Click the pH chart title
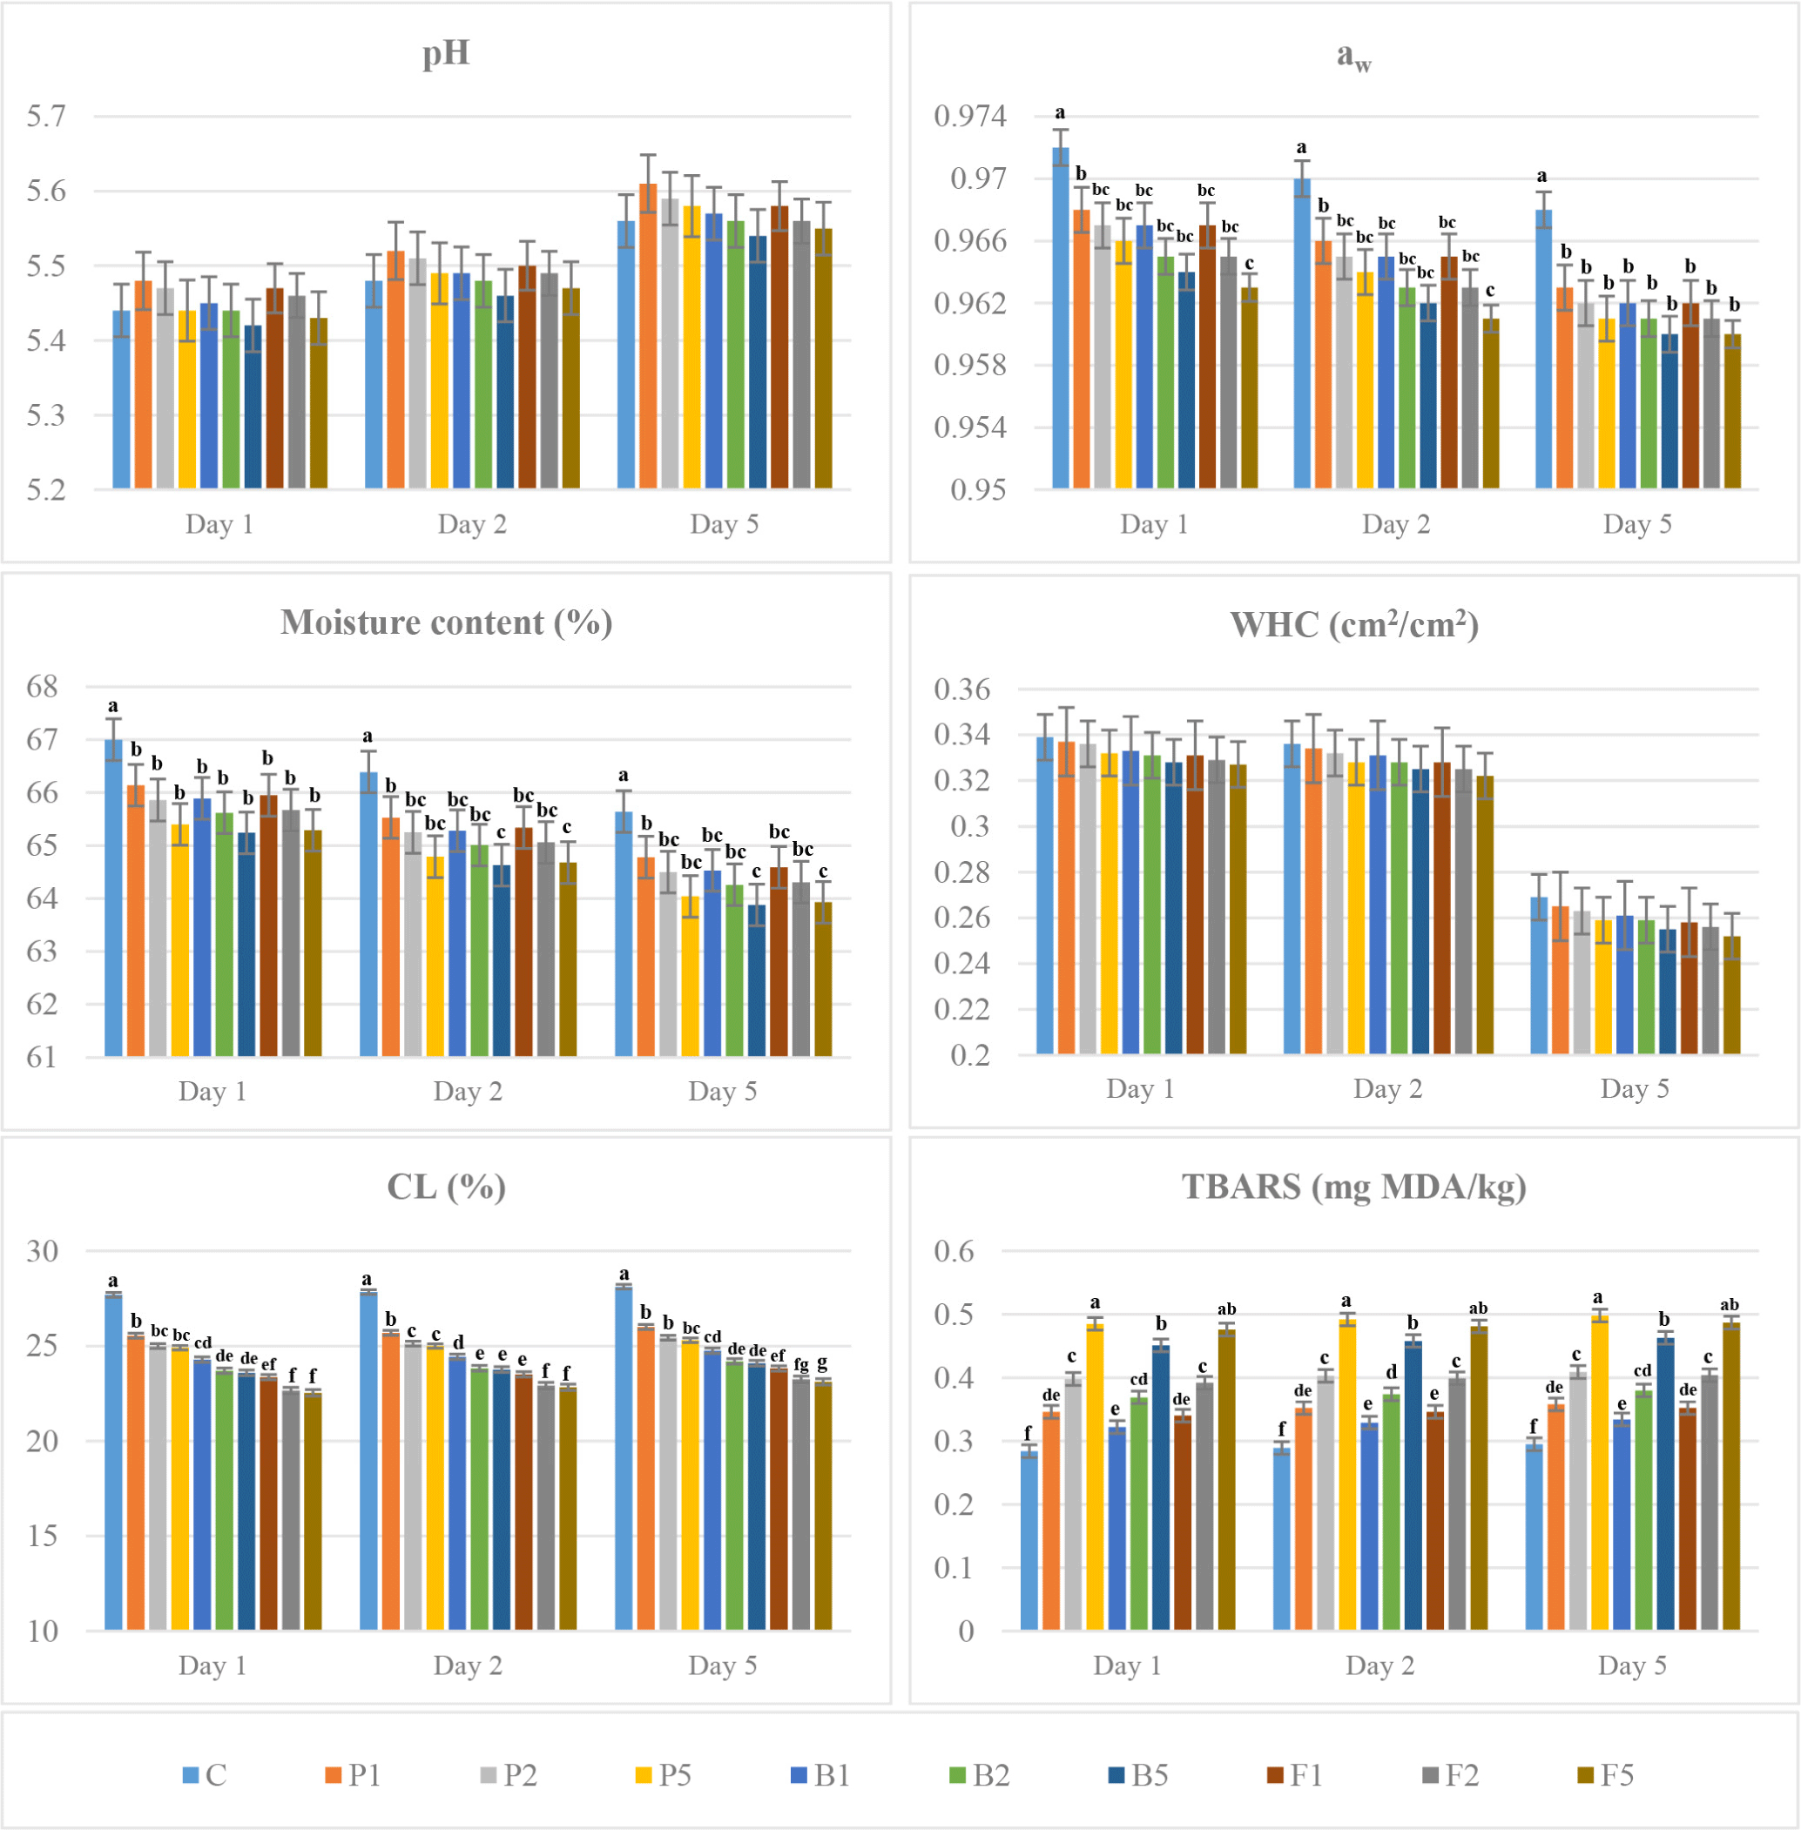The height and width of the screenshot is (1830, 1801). pyautogui.click(x=446, y=53)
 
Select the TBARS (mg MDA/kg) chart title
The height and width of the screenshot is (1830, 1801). pyautogui.click(x=1353, y=1186)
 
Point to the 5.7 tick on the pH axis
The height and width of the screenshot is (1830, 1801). pyautogui.click(x=46, y=117)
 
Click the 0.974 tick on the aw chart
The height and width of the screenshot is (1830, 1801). pyautogui.click(x=969, y=117)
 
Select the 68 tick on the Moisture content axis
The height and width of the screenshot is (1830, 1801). pyautogui.click(x=42, y=687)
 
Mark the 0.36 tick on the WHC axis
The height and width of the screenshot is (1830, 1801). pyautogui.click(x=962, y=690)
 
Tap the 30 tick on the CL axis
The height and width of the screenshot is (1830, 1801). pyautogui.click(x=42, y=1251)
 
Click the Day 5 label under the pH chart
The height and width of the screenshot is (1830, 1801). pyautogui.click(x=724, y=524)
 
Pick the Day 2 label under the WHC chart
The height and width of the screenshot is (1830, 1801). pyautogui.click(x=1386, y=1088)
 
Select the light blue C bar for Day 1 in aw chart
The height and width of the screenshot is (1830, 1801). pyautogui.click(x=1061, y=318)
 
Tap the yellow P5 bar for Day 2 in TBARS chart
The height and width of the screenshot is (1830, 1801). pyautogui.click(x=1347, y=1475)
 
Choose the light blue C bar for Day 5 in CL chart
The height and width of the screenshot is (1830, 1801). pyautogui.click(x=624, y=1457)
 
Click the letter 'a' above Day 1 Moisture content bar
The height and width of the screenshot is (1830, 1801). pyautogui.click(x=112, y=705)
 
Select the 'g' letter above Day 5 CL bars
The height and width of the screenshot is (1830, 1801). pyautogui.click(x=822, y=1362)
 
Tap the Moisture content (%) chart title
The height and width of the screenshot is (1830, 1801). pyautogui.click(x=446, y=622)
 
